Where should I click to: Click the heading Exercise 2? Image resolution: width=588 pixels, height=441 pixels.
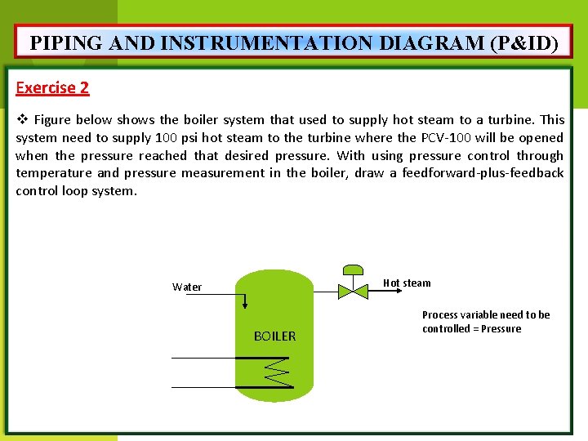coord(52,87)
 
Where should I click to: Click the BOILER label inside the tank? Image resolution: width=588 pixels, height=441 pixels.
coord(275,336)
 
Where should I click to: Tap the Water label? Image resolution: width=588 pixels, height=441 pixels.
coord(187,287)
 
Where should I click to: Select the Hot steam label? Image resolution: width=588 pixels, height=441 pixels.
coord(407,283)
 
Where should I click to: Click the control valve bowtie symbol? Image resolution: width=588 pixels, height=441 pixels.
coord(354,290)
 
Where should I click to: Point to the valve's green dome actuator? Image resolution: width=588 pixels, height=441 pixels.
coord(354,270)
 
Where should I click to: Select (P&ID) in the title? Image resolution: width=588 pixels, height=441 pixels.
coord(524,43)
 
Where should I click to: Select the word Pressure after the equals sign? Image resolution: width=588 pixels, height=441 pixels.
coord(501,329)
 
